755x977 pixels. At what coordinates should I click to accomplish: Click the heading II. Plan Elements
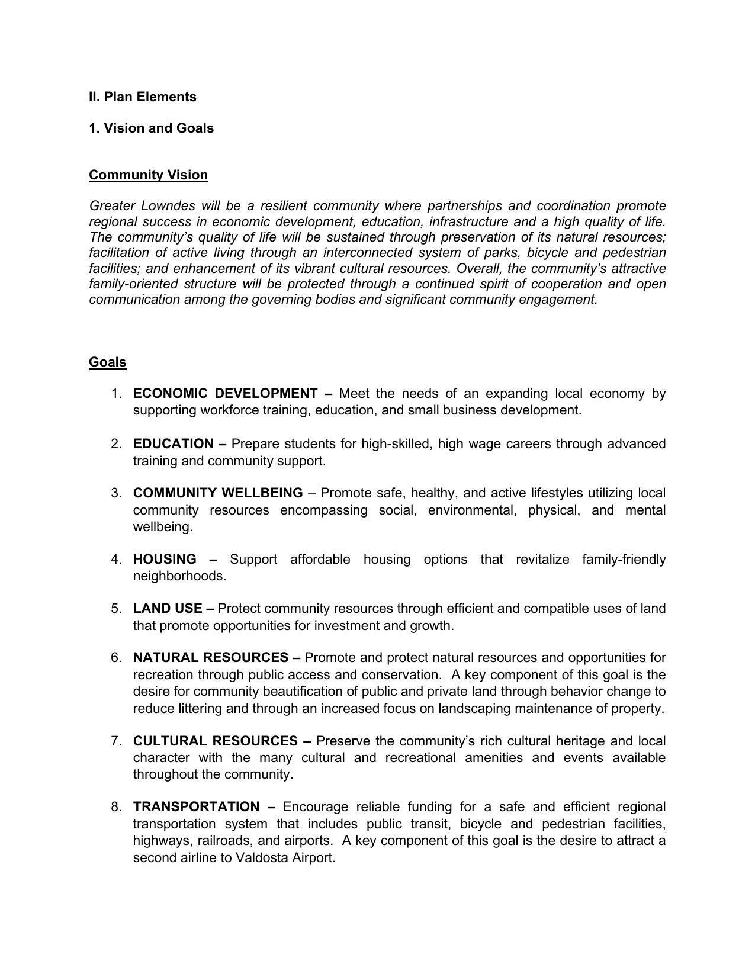(x=143, y=97)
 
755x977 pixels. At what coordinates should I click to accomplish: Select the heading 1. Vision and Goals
(x=152, y=128)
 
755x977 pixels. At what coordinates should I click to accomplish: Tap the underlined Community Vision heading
(x=148, y=175)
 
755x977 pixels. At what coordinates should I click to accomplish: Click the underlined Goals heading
(x=107, y=362)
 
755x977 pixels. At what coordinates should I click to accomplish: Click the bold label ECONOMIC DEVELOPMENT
(x=226, y=394)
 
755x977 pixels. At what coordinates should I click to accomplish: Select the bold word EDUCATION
(x=173, y=444)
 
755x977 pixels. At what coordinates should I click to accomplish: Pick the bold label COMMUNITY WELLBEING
(x=218, y=493)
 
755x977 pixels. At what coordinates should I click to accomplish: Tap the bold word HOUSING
(x=165, y=560)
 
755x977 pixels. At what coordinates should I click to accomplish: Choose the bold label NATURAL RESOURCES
(x=211, y=658)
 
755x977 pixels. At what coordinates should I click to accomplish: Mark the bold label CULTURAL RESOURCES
(x=216, y=741)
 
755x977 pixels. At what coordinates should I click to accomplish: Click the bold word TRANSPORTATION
(x=196, y=807)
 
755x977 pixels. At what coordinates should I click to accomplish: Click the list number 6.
(x=116, y=658)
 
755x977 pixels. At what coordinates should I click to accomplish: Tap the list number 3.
(x=116, y=493)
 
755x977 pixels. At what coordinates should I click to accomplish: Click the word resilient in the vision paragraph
(x=284, y=206)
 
